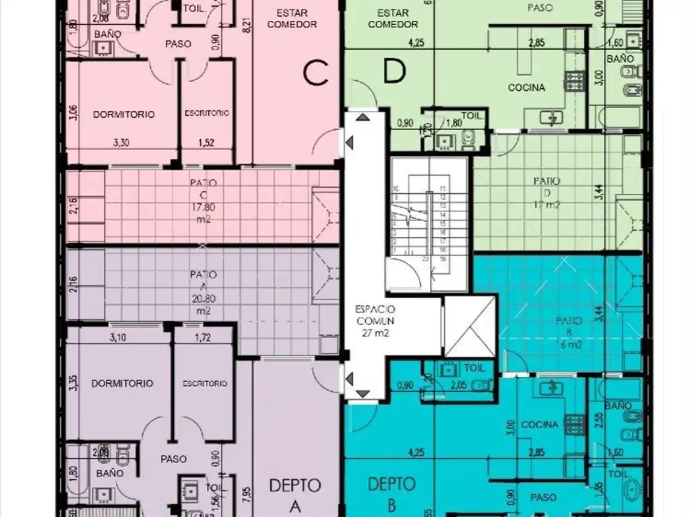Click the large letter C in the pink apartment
(315, 73)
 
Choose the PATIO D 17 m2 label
(546, 193)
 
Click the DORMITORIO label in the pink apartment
(123, 114)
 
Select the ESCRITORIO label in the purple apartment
(205, 383)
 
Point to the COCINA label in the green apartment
(526, 88)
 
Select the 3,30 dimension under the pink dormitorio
(121, 142)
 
